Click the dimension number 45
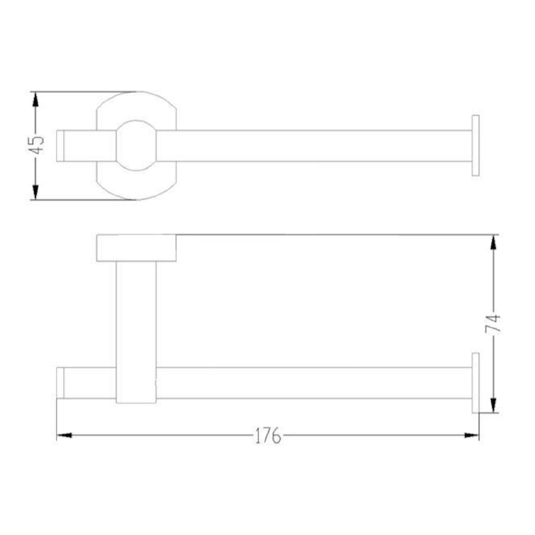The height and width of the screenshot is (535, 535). (x=36, y=145)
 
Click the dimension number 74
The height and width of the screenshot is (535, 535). (x=493, y=323)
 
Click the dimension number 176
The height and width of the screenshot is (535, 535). (x=268, y=435)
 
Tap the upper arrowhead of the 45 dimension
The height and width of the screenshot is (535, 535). (x=35, y=99)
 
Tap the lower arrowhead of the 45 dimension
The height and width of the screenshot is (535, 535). (x=35, y=192)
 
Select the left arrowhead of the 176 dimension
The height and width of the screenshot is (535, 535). (x=64, y=435)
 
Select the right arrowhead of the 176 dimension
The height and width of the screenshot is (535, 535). (x=472, y=435)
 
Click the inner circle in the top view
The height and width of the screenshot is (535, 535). (x=116, y=145)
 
